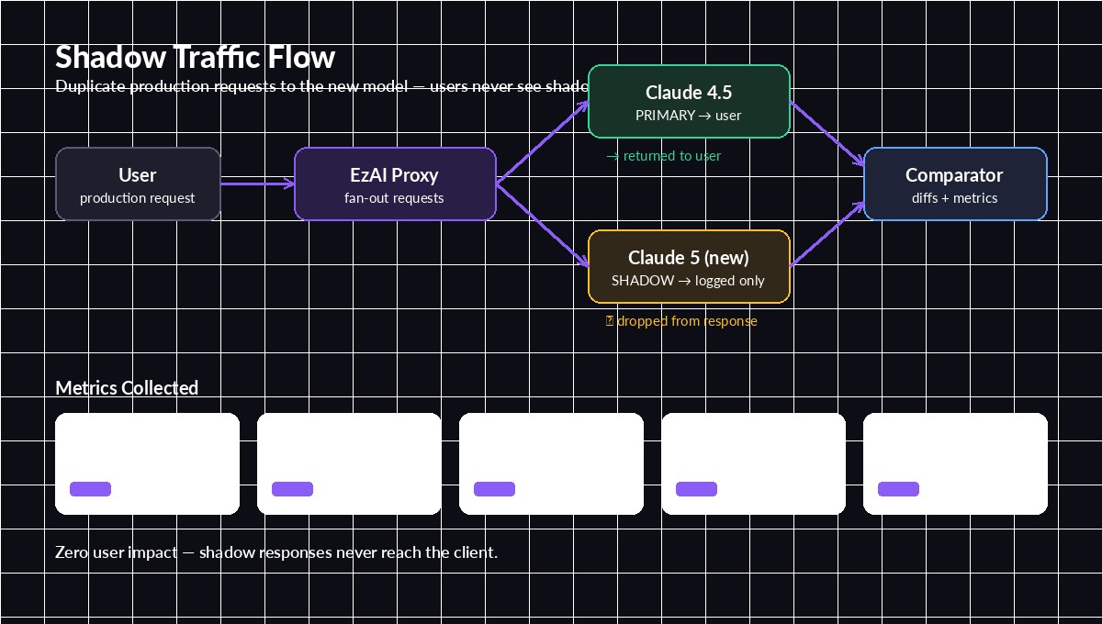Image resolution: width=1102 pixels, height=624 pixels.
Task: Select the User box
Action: [x=138, y=184]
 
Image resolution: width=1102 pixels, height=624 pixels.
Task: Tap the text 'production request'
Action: [x=138, y=198]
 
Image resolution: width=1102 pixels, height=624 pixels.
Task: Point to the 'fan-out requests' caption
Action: [x=394, y=198]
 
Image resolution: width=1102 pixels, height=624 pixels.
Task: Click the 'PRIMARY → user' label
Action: [x=688, y=116]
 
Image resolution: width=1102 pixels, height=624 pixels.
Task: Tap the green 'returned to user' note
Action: [x=664, y=156]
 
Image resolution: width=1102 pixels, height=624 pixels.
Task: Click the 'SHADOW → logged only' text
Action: [x=688, y=281]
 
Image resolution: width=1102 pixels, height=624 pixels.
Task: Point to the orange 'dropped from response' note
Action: [x=682, y=321]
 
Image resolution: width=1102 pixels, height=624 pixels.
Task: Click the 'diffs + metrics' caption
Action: [x=954, y=198]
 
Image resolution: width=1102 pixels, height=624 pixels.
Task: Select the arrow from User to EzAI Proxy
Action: [x=257, y=184]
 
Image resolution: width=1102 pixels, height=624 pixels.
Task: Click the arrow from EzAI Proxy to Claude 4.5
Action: [x=542, y=142]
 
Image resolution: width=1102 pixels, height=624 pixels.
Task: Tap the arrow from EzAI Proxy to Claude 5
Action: [x=542, y=225]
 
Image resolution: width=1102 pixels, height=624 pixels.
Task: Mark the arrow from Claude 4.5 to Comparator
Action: [x=826, y=133]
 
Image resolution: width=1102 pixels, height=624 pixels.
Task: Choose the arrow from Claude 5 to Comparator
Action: [x=826, y=234]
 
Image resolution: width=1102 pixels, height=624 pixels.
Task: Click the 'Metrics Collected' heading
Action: [x=127, y=387]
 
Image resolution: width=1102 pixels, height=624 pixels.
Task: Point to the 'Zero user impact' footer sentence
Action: [x=276, y=552]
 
